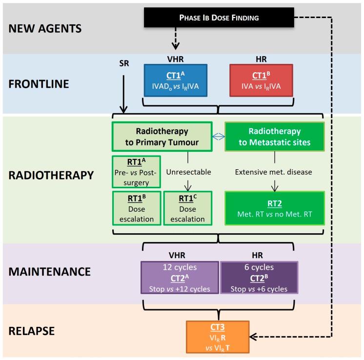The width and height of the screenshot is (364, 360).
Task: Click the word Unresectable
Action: click(x=187, y=172)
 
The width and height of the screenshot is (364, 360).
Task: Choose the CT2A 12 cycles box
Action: click(x=180, y=278)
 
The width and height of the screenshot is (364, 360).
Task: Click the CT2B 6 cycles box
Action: click(x=259, y=278)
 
